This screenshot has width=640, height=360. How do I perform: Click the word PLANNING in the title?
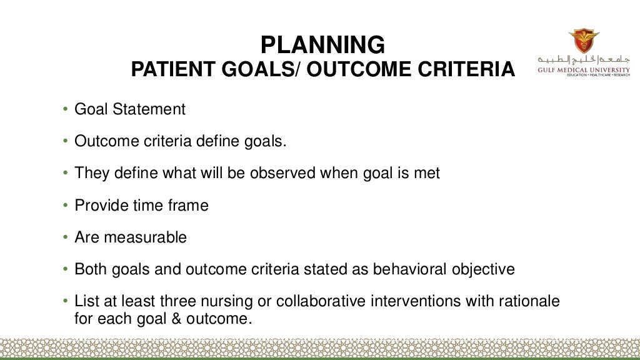pos(322,44)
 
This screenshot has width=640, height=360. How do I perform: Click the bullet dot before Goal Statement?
pos(66,110)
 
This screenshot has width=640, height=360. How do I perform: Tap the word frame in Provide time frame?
pos(189,206)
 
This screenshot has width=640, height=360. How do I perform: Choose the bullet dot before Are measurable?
pos(66,238)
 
